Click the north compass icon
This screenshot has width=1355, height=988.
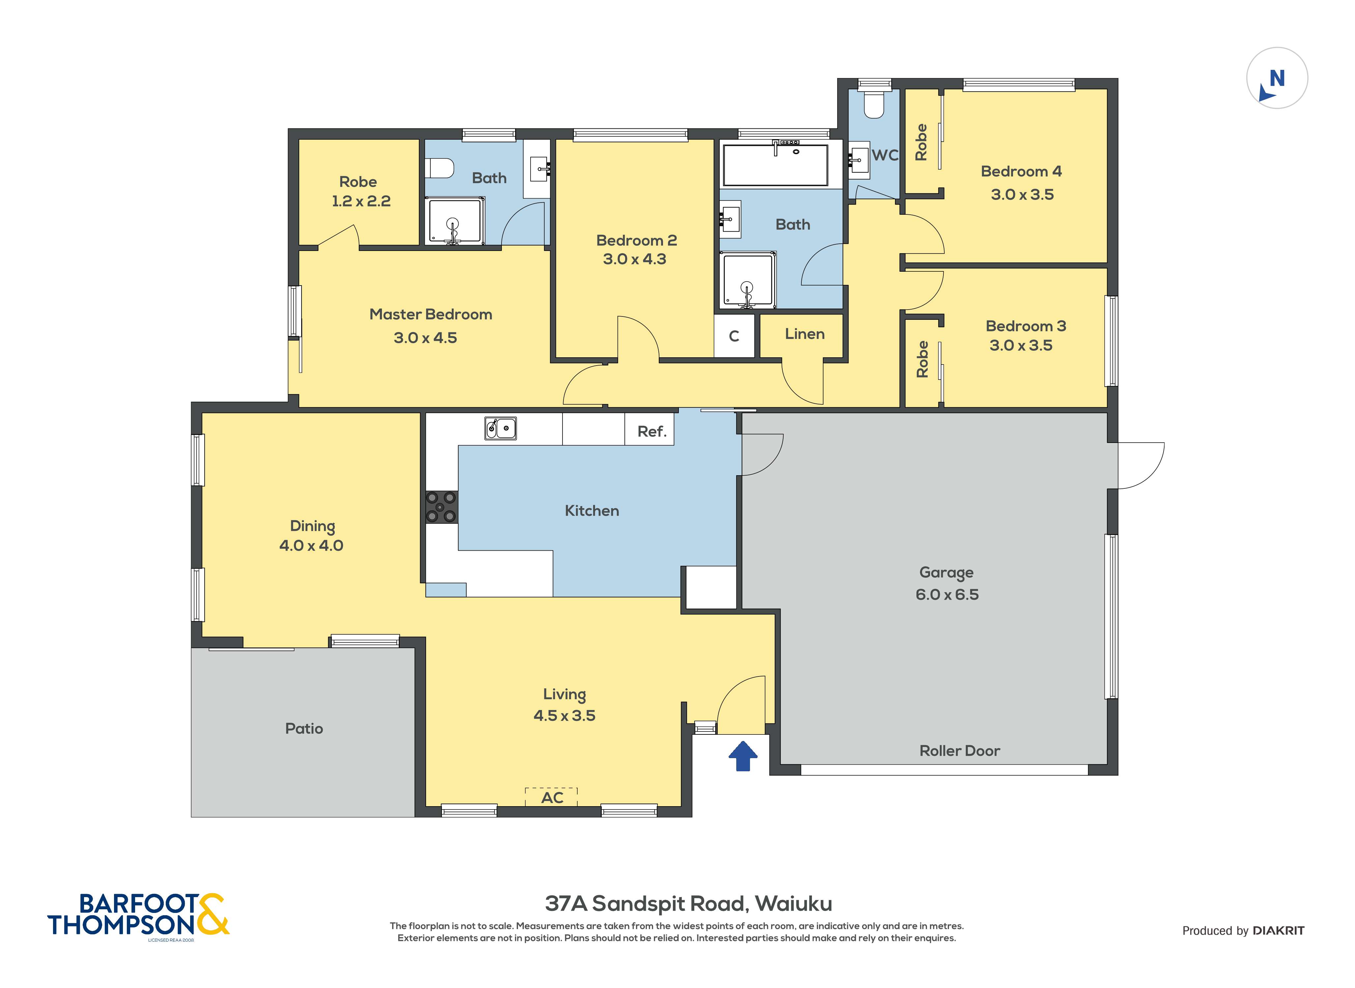coord(1277,78)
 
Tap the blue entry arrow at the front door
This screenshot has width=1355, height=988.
coord(743,756)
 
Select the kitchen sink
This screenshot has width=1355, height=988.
coord(500,428)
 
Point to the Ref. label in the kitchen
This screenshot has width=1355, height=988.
coord(651,431)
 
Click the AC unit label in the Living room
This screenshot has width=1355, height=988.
coord(552,797)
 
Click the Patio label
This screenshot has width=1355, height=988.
coord(304,728)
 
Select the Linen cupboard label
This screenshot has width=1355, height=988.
coord(805,334)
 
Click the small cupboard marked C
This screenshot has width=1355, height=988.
coord(734,336)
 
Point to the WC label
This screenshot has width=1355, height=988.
coord(885,155)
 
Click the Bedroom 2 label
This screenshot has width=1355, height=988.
coord(637,240)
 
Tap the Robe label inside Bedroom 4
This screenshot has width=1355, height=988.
coord(921,142)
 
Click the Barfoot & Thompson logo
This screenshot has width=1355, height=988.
coord(138,915)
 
